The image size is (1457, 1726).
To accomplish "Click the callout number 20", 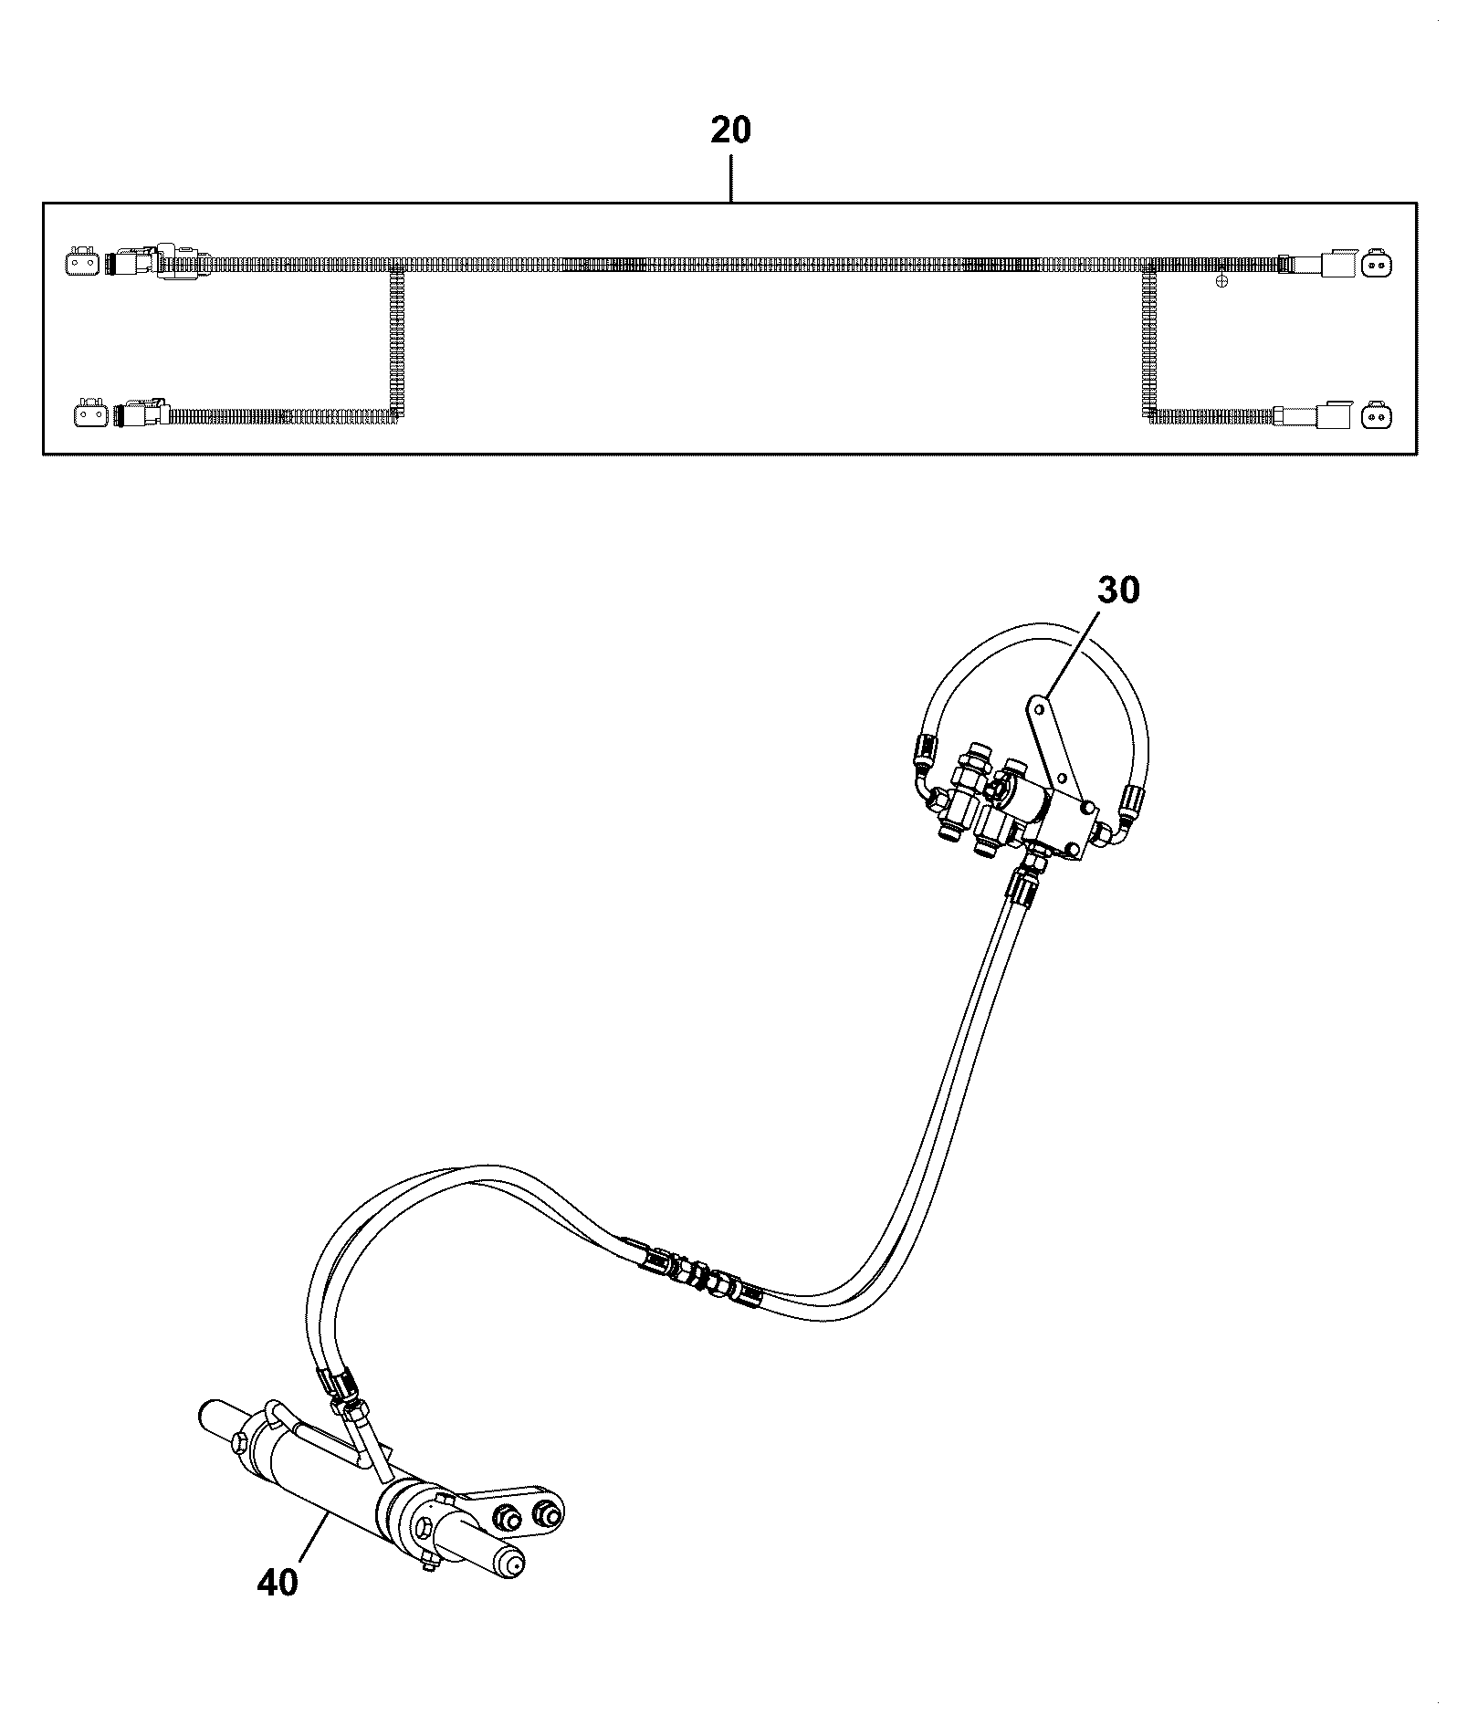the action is tap(730, 131).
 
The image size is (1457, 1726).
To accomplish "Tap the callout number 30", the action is tap(1118, 591).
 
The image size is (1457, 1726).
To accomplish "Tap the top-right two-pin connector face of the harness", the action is tap(1377, 265).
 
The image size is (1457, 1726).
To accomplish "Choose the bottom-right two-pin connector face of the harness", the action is tap(1377, 415).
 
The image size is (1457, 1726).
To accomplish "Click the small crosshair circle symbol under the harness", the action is tap(1222, 282).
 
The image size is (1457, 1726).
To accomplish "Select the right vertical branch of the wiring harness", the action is tap(1149, 342).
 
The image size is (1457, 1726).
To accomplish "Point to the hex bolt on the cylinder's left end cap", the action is tap(239, 1442).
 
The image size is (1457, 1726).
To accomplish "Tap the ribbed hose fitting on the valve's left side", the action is tap(924, 751).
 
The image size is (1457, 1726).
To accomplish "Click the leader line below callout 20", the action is tap(730, 178).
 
